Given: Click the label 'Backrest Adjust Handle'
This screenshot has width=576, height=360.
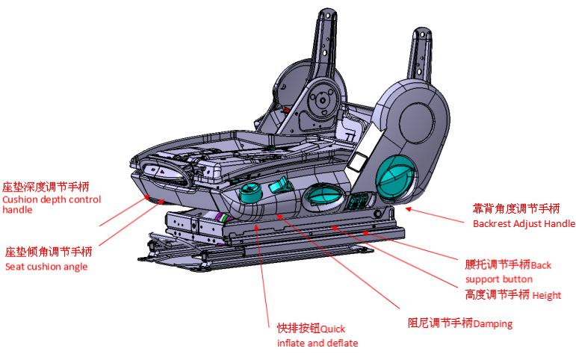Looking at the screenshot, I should [x=524, y=223].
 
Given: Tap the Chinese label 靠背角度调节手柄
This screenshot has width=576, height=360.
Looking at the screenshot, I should [x=516, y=208].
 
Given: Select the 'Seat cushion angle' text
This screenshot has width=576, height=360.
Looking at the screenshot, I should [x=46, y=267].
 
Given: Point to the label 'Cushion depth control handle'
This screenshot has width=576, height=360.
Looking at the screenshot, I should [x=51, y=205].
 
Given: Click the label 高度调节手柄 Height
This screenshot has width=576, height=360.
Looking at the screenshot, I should [x=512, y=295].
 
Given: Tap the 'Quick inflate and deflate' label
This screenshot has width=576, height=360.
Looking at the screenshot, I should [x=318, y=335].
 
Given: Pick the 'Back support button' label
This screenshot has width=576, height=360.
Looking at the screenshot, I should [x=508, y=271].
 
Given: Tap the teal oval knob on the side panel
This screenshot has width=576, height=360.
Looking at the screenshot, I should [x=323, y=196].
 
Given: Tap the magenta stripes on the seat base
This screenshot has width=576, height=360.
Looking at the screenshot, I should [x=221, y=217].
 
